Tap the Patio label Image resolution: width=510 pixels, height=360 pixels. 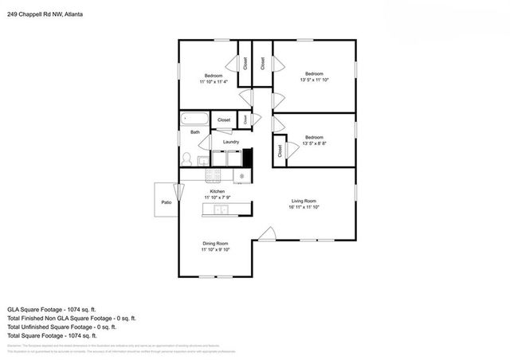[167, 202]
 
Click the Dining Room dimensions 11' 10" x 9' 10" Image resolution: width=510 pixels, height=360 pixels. [215, 250]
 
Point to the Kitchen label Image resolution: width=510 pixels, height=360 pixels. [215, 192]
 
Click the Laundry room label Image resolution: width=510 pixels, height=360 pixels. [231, 142]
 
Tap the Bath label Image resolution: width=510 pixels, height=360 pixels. [194, 131]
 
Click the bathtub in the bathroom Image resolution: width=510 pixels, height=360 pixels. [194, 120]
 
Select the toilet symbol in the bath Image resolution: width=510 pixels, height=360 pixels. [187, 158]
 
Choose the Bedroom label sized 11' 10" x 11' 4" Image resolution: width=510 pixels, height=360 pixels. [214, 76]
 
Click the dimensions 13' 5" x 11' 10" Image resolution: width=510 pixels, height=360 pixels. [315, 80]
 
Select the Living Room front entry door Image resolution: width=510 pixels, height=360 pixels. [267, 233]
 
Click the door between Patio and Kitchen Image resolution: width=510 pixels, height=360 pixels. [178, 192]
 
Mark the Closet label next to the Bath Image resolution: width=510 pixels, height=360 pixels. [224, 120]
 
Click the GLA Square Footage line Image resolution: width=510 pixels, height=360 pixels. [52, 307]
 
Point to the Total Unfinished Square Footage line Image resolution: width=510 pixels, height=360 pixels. [61, 327]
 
